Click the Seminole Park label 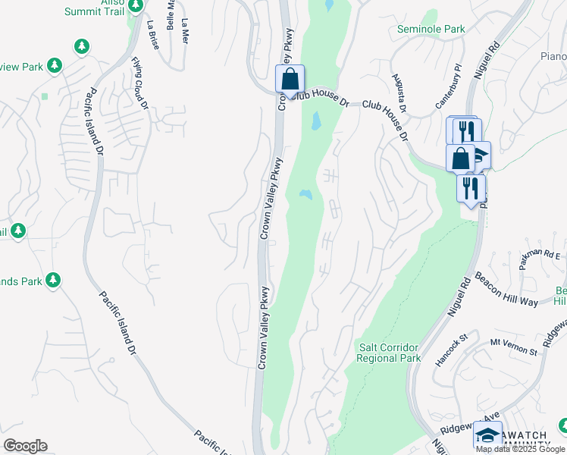point(430,30)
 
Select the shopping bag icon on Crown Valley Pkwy point(290,78)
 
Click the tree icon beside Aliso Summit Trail point(136,6)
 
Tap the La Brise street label point(154,35)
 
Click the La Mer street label point(185,33)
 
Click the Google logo point(25,446)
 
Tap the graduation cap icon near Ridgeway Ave point(487,435)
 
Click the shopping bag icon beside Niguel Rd point(460,158)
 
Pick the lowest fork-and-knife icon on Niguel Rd point(470,187)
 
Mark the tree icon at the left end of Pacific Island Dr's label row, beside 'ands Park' point(52,281)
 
